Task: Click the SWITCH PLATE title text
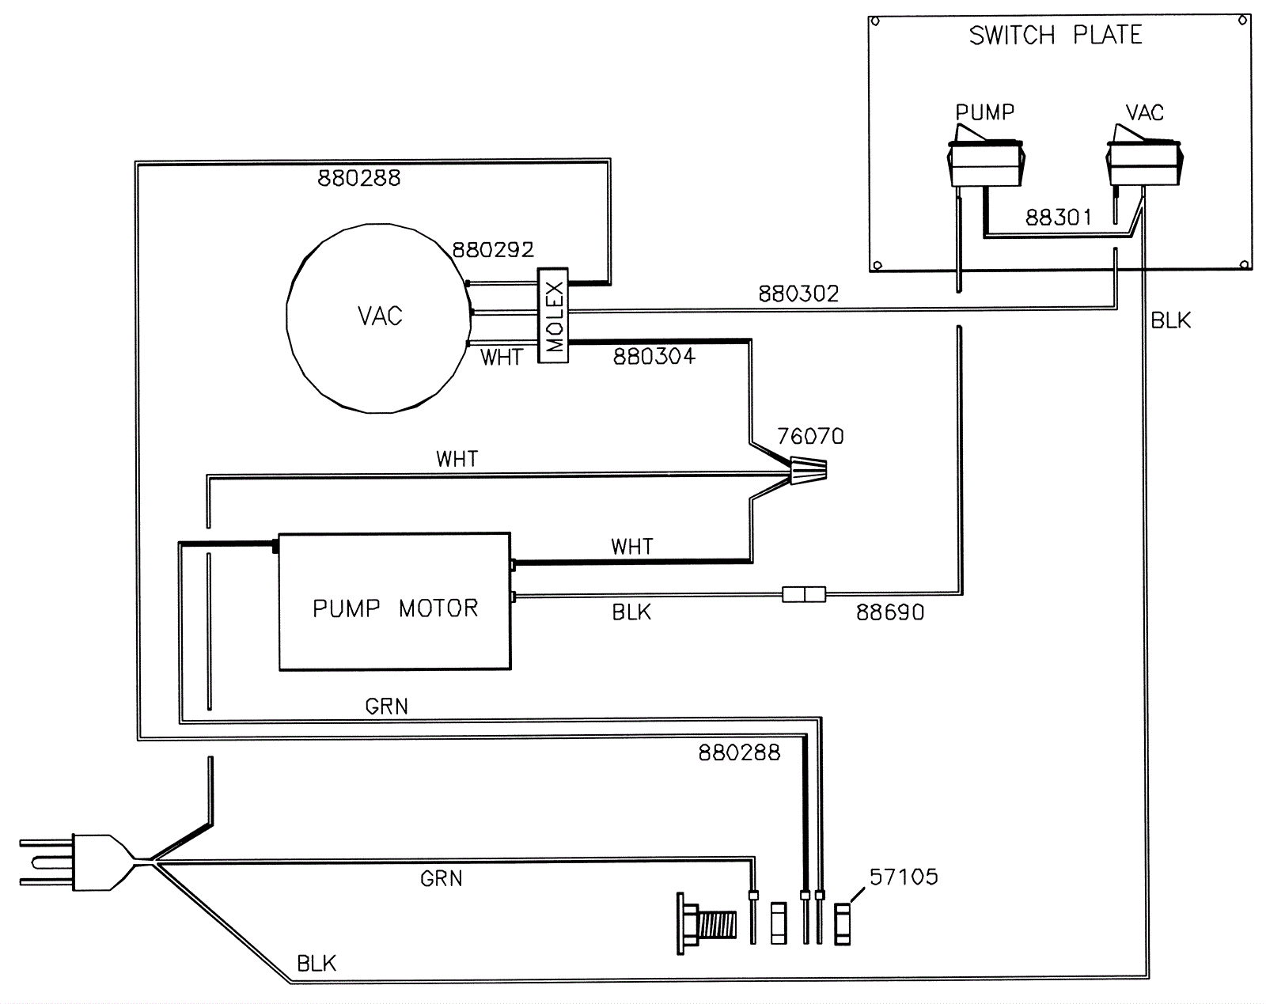coord(1056,35)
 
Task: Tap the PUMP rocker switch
coord(985,159)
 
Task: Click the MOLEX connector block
coord(553,316)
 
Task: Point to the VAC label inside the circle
coord(380,316)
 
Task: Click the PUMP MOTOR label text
coord(396,608)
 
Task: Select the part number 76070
coord(811,436)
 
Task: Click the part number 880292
coord(493,250)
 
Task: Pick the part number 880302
coord(798,294)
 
